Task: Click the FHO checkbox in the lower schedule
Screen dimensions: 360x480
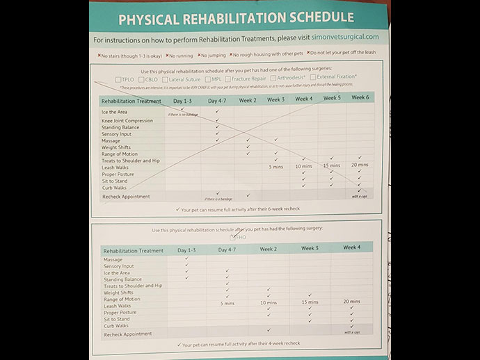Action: coord(233,237)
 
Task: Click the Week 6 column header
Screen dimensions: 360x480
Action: coord(360,98)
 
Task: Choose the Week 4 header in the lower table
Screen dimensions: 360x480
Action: coord(351,247)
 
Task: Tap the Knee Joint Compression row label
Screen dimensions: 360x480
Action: coord(128,121)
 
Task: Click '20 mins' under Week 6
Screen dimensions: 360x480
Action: coord(360,165)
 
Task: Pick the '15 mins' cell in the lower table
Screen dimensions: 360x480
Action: coord(310,302)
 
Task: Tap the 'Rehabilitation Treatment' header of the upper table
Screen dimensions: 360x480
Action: coord(131,101)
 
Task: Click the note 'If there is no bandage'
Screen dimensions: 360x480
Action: coord(183,113)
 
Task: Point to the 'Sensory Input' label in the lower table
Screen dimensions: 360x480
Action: coord(118,266)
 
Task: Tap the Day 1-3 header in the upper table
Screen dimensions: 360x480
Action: coord(183,101)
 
